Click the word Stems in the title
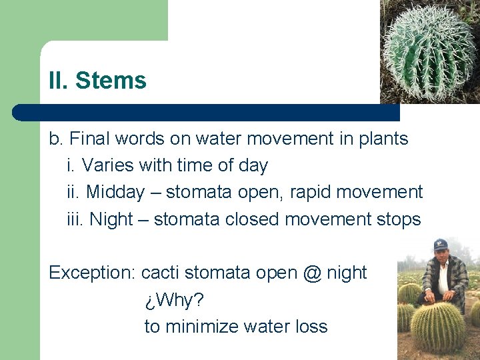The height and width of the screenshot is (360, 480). point(111,81)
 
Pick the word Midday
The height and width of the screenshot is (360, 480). point(115,193)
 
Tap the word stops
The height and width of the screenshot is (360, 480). point(399,219)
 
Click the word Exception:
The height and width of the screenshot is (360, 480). point(93,273)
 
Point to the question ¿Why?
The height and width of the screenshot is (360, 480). point(174,300)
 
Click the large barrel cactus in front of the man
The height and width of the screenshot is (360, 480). point(437,326)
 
